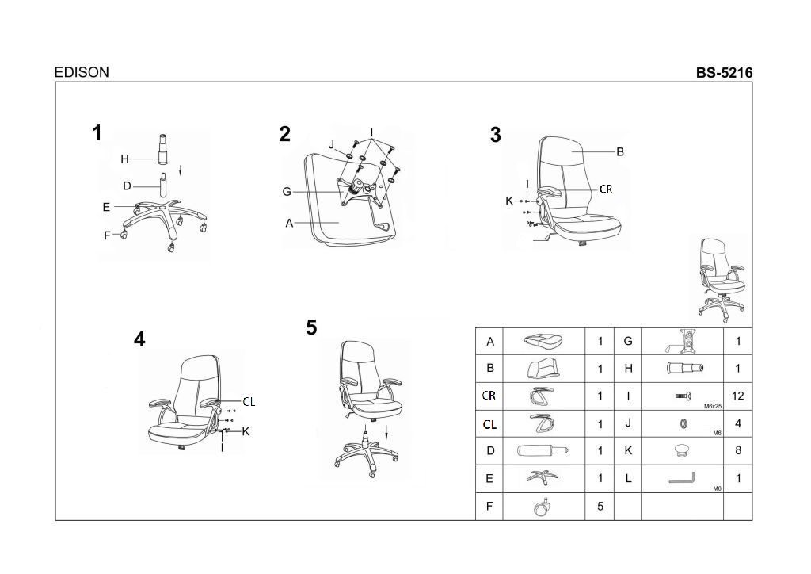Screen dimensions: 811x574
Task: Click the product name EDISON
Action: (82, 72)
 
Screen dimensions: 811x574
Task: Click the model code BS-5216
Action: (724, 73)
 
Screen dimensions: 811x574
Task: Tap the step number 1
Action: (97, 132)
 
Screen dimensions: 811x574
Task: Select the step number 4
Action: (139, 339)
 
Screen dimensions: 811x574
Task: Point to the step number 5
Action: (310, 327)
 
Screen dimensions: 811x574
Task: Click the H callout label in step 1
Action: (124, 159)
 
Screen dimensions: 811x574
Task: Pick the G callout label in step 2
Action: (287, 192)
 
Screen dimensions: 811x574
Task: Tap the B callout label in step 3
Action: (620, 151)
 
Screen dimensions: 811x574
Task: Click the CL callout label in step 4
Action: (249, 402)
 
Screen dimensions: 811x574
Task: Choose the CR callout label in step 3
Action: (606, 189)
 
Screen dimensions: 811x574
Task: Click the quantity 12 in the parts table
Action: (737, 396)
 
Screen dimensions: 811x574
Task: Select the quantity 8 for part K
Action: (738, 450)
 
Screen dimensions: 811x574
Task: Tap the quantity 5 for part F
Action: (600, 506)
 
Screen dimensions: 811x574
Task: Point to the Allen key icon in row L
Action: (681, 478)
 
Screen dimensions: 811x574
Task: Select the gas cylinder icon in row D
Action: (543, 450)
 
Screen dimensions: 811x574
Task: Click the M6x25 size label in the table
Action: (713, 406)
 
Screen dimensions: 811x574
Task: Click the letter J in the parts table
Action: (628, 423)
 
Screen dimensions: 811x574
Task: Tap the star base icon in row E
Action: (542, 477)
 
